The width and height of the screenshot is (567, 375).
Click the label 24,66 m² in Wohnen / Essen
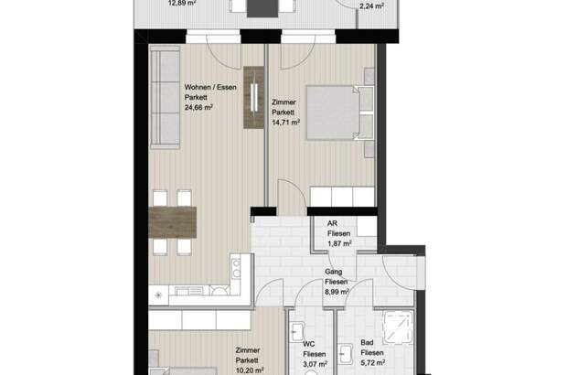tap(198, 107)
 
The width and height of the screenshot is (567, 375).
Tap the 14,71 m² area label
tap(285, 123)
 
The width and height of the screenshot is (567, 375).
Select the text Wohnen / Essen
tap(210, 87)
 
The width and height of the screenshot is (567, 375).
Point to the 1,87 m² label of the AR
tap(339, 243)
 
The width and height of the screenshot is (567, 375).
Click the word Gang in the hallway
tap(334, 272)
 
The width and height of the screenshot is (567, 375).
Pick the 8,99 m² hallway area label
tap(337, 292)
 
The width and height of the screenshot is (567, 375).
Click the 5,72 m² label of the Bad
tap(373, 362)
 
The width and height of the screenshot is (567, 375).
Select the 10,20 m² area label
tap(250, 370)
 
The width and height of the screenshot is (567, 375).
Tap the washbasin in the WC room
tap(297, 332)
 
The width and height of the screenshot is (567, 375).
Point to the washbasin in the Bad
tap(346, 354)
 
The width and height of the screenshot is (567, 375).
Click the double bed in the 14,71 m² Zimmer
tap(339, 112)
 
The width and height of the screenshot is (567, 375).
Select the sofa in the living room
tap(165, 97)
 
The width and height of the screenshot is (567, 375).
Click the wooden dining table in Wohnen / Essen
tap(173, 222)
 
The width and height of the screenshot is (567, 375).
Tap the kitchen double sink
tap(236, 269)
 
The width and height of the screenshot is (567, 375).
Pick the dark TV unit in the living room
tap(254, 97)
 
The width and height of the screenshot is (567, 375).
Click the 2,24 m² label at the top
tap(371, 6)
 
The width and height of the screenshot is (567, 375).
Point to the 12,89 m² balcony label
tap(182, 4)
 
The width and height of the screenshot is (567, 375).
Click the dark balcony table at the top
tap(262, 8)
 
